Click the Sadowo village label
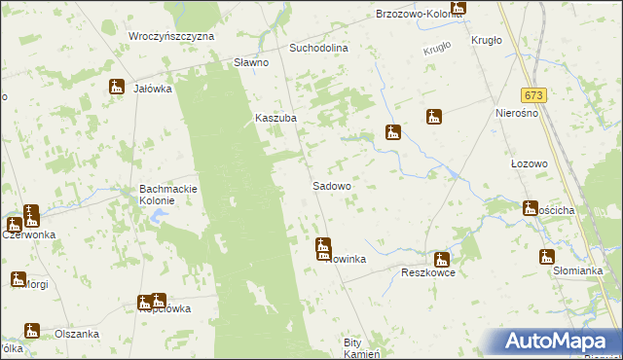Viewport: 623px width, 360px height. pyautogui.click(x=331, y=185)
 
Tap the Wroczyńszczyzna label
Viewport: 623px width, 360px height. pyautogui.click(x=171, y=35)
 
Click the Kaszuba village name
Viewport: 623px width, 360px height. pyautogui.click(x=275, y=118)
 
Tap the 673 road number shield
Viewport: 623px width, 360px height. pyautogui.click(x=532, y=95)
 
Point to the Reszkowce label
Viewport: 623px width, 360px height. pyautogui.click(x=429, y=273)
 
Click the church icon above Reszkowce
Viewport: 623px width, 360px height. pyautogui.click(x=442, y=259)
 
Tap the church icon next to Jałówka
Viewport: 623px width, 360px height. pyautogui.click(x=117, y=87)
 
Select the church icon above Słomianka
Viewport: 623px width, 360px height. pyautogui.click(x=546, y=257)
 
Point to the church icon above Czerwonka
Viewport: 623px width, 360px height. pyautogui.click(x=31, y=216)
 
